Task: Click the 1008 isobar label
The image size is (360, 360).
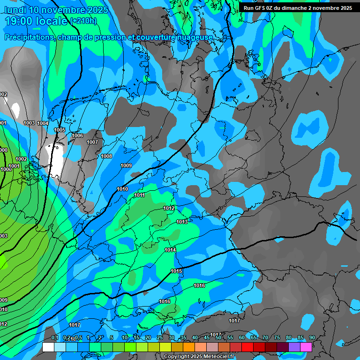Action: coord(107,156)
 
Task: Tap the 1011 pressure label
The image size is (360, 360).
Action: coord(139,195)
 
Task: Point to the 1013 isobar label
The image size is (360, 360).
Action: coord(182,222)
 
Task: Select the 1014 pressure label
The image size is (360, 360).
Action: coord(170,250)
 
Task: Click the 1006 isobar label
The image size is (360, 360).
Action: coord(77,135)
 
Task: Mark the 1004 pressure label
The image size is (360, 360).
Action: coord(43,123)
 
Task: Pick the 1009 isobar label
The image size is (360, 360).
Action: coord(126,165)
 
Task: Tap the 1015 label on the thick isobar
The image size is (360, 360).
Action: coord(176,271)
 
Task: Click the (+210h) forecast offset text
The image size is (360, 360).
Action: coord(83,21)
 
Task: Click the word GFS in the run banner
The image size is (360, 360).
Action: coord(260,8)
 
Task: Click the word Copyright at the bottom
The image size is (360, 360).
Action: coord(177,357)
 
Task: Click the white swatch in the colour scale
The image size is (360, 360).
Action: coord(48,347)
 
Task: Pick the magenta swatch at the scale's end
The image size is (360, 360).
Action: coord(306,347)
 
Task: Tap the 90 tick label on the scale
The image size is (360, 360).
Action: coord(312,337)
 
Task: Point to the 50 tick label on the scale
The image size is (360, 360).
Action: coord(218,337)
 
